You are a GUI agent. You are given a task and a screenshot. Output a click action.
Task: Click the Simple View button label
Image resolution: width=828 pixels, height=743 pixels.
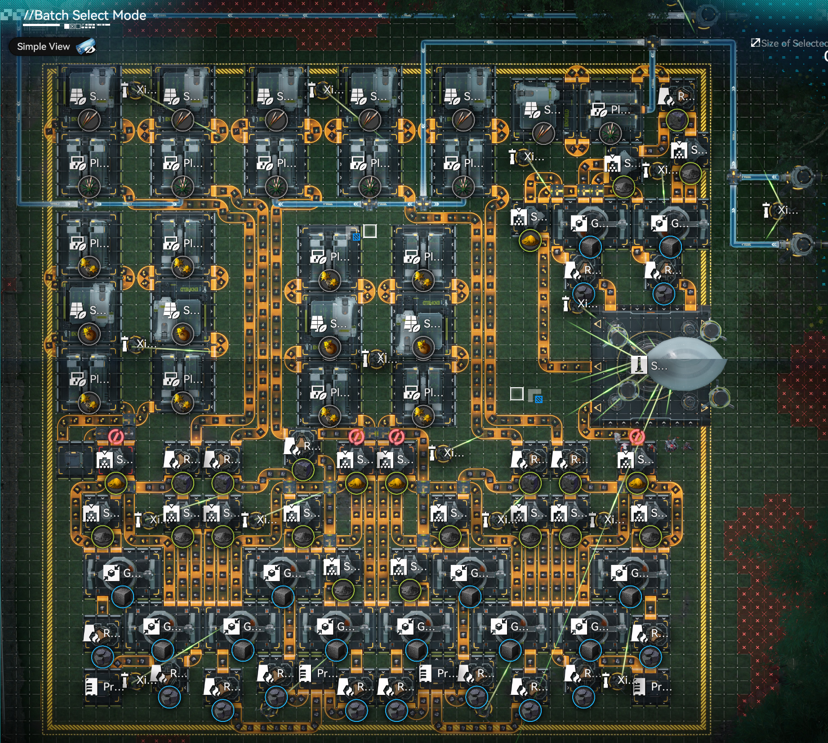[43, 46]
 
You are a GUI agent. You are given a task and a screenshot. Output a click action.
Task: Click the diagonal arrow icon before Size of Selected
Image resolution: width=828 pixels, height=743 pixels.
[755, 43]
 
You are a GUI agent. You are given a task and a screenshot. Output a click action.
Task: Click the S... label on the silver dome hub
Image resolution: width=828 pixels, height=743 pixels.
[659, 366]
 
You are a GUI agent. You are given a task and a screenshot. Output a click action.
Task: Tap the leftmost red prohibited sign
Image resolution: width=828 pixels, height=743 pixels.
[116, 436]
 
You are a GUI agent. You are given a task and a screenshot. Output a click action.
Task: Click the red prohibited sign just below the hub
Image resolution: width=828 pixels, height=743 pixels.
[637, 436]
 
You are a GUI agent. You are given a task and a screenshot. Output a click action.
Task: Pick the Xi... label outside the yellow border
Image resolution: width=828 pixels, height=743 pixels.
[788, 210]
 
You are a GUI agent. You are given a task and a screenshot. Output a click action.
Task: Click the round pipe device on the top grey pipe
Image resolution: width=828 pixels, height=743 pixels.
[707, 15]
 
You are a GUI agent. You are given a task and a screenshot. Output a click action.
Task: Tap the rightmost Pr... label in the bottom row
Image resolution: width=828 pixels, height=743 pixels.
[661, 687]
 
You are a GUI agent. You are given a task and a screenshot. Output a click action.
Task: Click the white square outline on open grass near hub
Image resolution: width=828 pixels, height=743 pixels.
[517, 394]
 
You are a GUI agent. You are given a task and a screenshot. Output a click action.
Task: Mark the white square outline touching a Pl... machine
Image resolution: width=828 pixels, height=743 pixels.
[369, 231]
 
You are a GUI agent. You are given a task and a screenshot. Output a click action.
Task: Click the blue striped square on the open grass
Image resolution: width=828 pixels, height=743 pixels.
[539, 399]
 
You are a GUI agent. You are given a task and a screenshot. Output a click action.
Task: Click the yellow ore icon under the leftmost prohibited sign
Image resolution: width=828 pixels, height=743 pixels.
[116, 483]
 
